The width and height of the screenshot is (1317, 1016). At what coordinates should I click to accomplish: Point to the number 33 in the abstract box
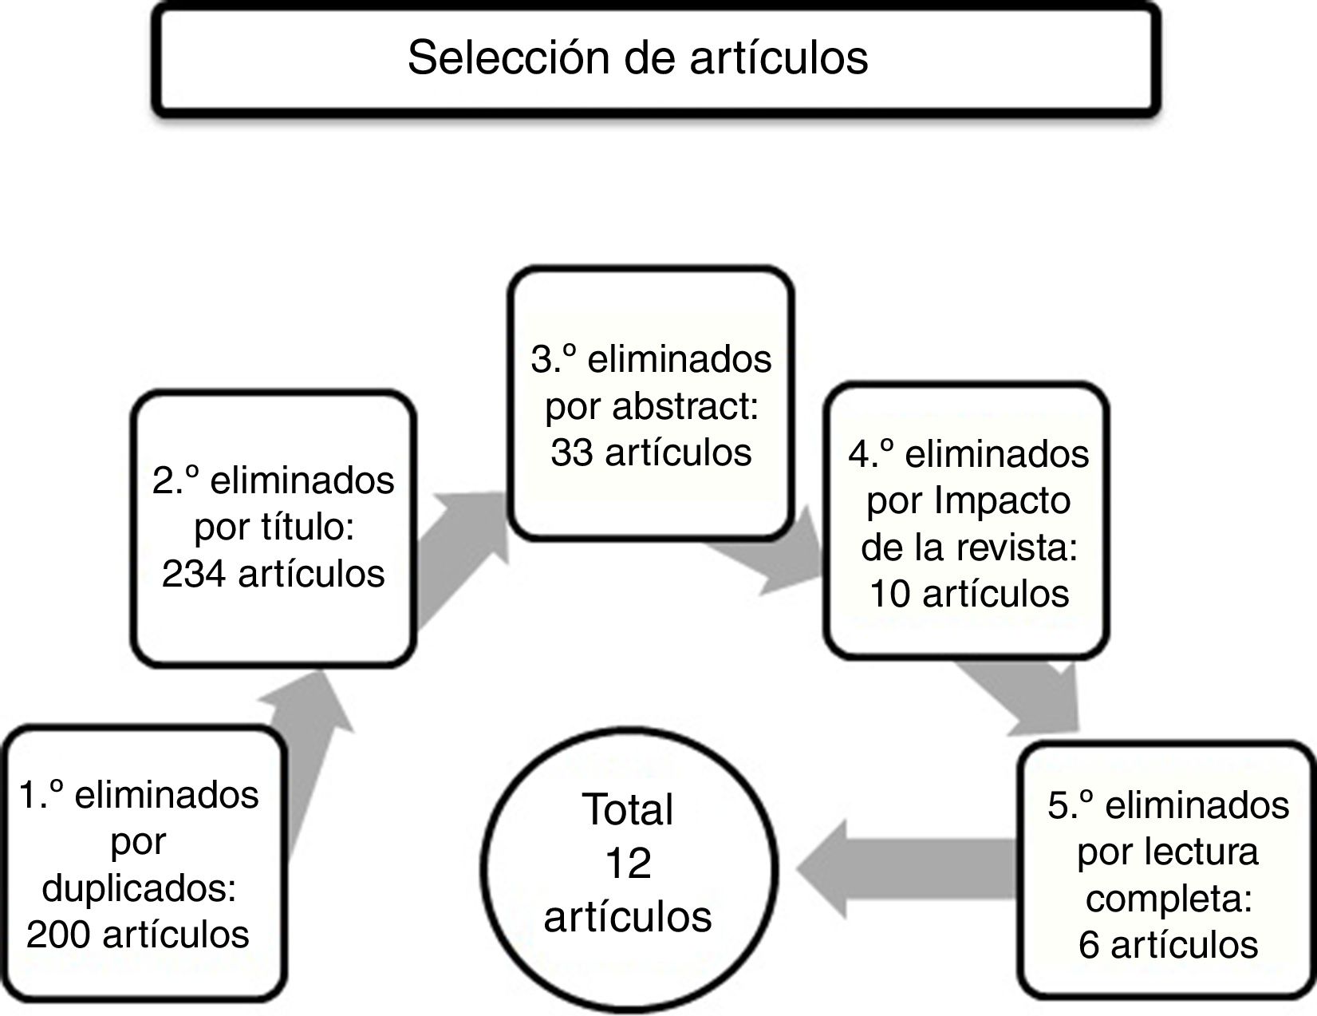coord(571,453)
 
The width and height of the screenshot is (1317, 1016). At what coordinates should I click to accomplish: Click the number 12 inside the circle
coord(628,864)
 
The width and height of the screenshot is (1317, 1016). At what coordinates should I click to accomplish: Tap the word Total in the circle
coord(628,809)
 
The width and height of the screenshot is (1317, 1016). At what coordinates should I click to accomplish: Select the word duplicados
coord(139,888)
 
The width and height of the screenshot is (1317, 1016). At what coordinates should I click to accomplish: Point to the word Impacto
coord(1002,500)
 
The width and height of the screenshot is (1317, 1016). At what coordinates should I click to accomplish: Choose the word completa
coord(1167,899)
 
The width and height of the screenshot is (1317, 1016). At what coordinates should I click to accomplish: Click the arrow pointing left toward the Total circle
coord(893,868)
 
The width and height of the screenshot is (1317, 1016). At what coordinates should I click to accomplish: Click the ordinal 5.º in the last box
coord(1072,805)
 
